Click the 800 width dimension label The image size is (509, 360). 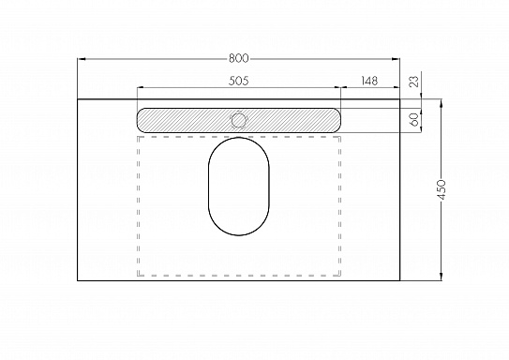coord(239,58)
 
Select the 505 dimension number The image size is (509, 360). coord(239,81)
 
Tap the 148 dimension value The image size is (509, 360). coord(369,81)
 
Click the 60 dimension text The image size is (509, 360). coord(414,120)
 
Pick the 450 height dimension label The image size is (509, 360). coord(442,189)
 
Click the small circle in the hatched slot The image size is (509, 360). coord(239,120)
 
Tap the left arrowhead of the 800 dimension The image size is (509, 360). coord(82,59)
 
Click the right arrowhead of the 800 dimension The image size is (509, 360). coord(396,59)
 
